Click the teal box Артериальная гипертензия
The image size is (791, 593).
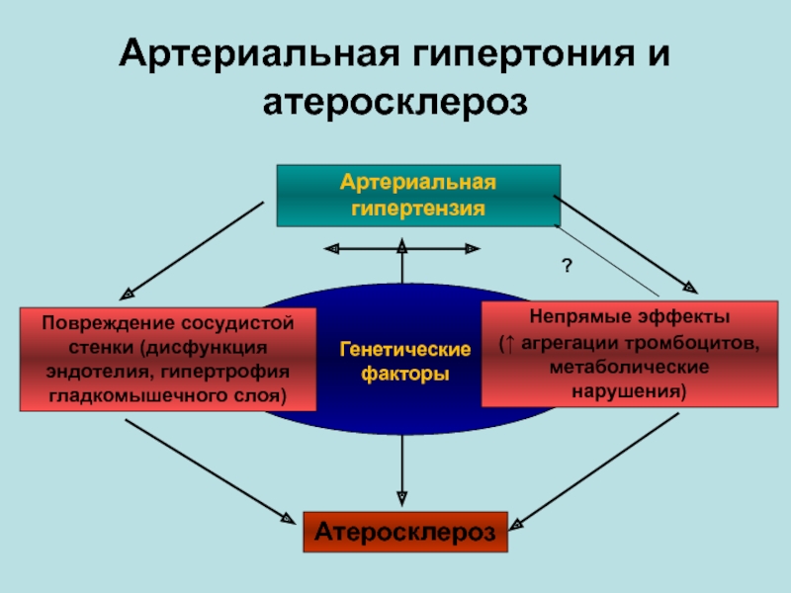pyautogui.click(x=418, y=196)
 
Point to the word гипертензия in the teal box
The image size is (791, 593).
pyautogui.click(x=418, y=209)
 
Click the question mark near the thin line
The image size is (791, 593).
pyautogui.click(x=568, y=266)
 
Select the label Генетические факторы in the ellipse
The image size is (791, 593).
pyautogui.click(x=404, y=363)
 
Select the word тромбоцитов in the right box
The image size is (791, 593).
pyautogui.click(x=705, y=343)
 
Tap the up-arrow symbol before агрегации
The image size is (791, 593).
pyautogui.click(x=506, y=343)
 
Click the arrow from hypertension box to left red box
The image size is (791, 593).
pyautogui.click(x=193, y=249)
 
